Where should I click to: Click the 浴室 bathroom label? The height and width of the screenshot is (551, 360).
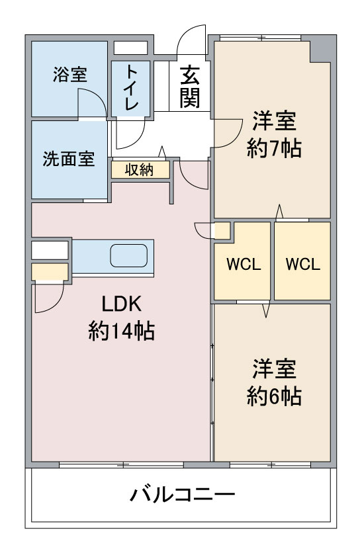(70, 75)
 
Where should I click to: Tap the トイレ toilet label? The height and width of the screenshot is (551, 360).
(132, 87)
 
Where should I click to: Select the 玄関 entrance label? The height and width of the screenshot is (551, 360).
(190, 87)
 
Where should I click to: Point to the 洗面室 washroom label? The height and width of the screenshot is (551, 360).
(69, 159)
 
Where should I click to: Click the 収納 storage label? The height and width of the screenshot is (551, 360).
(140, 170)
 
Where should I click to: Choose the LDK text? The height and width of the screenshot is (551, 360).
(122, 304)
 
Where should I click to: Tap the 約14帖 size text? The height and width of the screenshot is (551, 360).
(122, 331)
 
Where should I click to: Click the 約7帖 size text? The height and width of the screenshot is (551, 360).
(274, 148)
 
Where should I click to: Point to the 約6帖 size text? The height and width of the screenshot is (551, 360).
(274, 396)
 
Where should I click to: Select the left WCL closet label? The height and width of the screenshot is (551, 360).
(244, 265)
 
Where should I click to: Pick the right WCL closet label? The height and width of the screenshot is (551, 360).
(303, 265)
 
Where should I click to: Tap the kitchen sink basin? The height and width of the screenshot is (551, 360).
(128, 255)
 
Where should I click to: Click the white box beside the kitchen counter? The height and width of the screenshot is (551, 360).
(50, 250)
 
